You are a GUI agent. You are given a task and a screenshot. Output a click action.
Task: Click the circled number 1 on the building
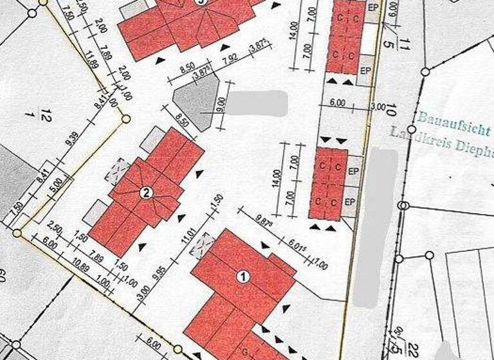pos(243,277)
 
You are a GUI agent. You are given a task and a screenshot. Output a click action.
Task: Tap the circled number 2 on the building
pos(146,192)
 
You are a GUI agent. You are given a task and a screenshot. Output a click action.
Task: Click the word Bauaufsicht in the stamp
pos(453,122)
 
